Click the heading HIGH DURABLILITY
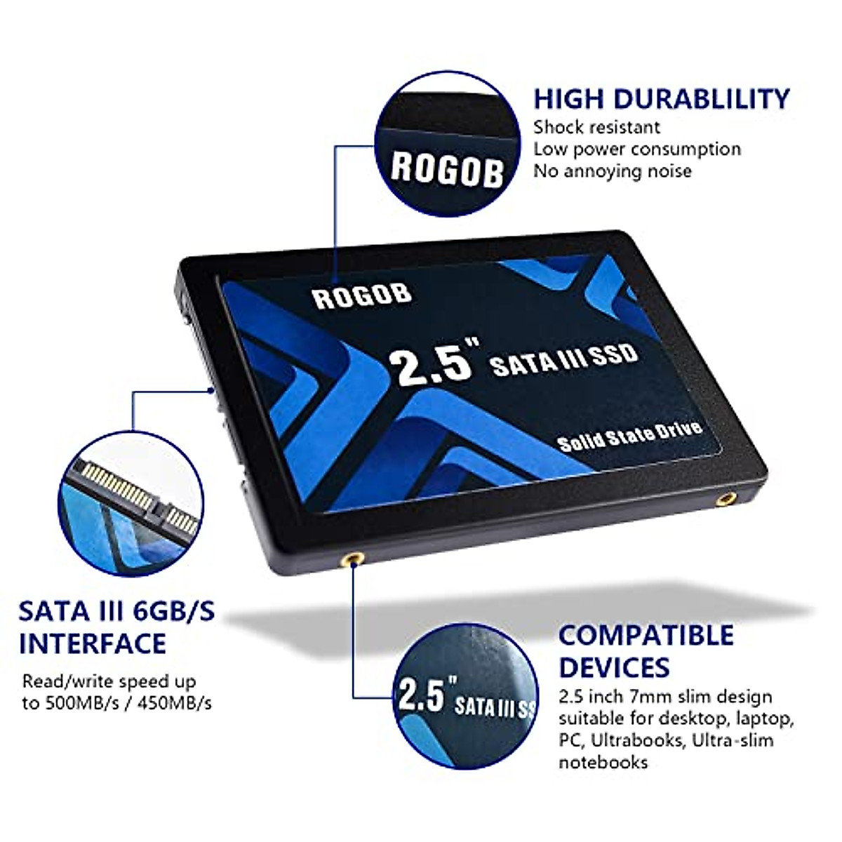(x=661, y=99)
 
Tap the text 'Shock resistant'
(x=596, y=128)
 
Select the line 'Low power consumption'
(x=636, y=149)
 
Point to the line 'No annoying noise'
(x=612, y=171)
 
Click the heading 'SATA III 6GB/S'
(x=116, y=612)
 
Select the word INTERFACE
(x=93, y=643)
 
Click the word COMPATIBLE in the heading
(x=646, y=636)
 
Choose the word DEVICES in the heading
(x=614, y=667)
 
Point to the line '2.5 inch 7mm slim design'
(x=664, y=697)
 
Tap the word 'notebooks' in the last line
(x=603, y=762)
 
